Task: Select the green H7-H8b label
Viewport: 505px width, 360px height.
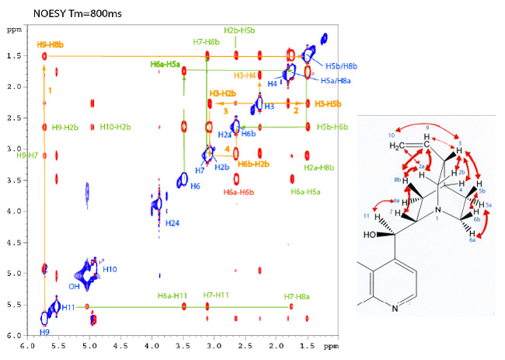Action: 206,41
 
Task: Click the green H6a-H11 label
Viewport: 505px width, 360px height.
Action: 173,295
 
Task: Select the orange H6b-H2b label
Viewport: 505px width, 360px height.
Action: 253,164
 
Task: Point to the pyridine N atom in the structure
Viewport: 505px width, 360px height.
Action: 395,309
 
